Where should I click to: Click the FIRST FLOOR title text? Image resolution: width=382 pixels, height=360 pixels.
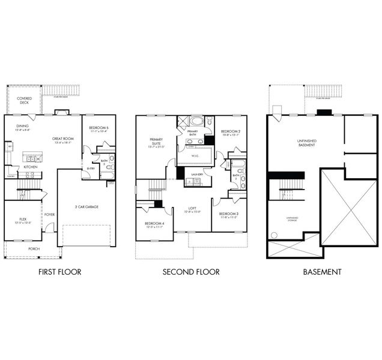59,272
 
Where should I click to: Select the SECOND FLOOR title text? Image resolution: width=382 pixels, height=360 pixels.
191,272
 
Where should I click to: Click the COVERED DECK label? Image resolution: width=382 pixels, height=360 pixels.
24,100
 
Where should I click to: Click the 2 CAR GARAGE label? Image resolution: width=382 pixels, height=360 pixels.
88,207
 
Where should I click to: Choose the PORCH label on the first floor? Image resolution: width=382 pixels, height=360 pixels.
34,248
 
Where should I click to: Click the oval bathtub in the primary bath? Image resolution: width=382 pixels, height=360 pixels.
197,121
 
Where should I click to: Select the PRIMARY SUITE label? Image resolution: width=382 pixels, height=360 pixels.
156,142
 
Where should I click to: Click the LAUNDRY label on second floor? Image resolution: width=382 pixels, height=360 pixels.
196,175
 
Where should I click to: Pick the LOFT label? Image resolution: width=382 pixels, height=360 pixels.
191,209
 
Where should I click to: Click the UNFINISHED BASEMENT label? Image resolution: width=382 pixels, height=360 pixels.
306,142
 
